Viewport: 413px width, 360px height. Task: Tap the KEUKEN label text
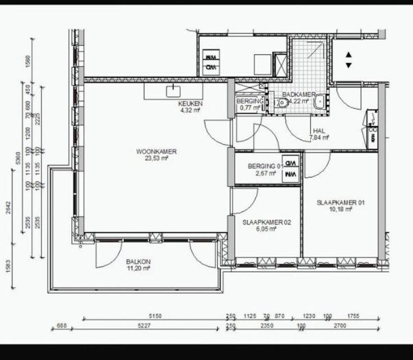[x=184, y=103]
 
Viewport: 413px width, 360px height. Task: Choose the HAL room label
[x=318, y=130]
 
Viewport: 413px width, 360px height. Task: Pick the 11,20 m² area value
[x=138, y=269]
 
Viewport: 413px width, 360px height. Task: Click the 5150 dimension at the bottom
[x=155, y=316]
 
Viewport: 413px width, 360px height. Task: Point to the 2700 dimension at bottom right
[x=339, y=326]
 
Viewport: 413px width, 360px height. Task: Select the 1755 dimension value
[x=353, y=316]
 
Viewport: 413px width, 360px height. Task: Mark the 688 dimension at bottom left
[x=61, y=326]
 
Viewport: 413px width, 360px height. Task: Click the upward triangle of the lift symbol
[x=349, y=55]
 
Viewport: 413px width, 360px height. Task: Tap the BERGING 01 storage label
[x=265, y=167]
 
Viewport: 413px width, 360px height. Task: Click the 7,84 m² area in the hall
[x=318, y=137]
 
